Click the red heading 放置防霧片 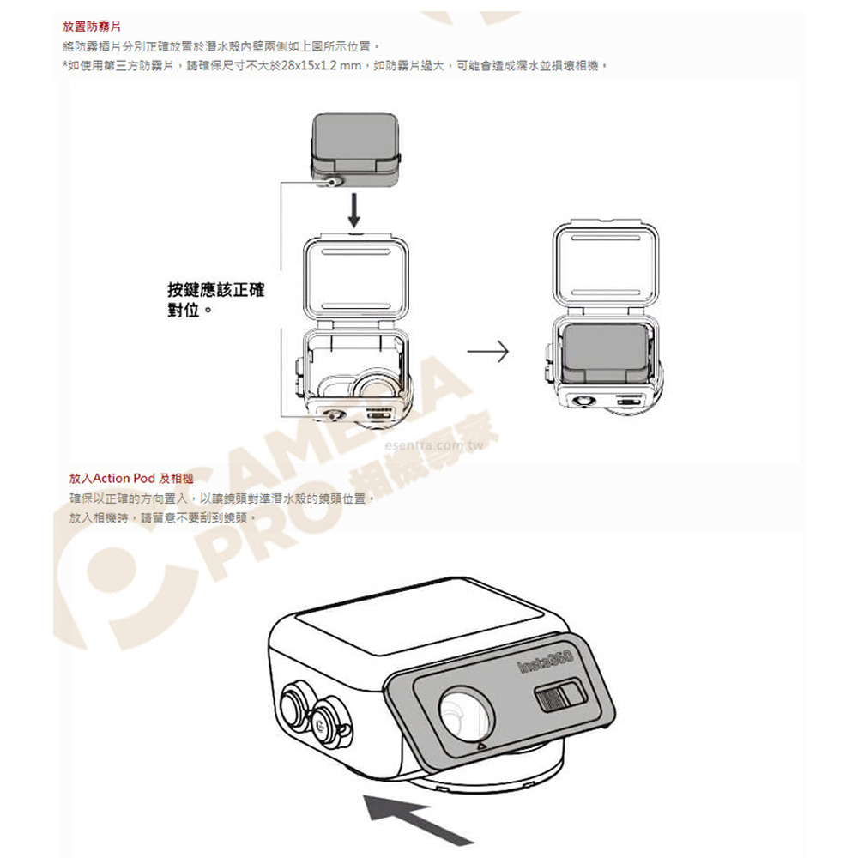click(92, 27)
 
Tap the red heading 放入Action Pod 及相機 click(131, 478)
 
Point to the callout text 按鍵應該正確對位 click(215, 299)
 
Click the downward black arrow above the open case click(354, 209)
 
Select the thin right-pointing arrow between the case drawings click(487, 351)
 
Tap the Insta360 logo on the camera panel click(545, 661)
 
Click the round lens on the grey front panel click(466, 714)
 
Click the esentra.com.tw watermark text click(434, 445)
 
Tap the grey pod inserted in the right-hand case click(605, 353)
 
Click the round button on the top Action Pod click(332, 182)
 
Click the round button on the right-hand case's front click(582, 401)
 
